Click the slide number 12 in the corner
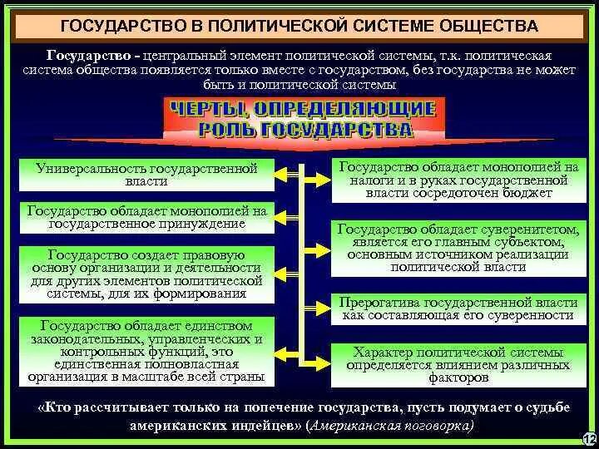tap(590, 438)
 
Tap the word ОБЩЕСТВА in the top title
tap(483, 27)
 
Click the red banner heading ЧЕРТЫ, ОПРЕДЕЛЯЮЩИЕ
tap(302, 109)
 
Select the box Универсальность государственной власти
tap(148, 174)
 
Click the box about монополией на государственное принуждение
tap(148, 217)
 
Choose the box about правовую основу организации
tap(148, 273)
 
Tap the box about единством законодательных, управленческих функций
tap(148, 349)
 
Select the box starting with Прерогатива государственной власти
tap(457, 308)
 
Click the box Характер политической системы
tap(457, 364)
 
